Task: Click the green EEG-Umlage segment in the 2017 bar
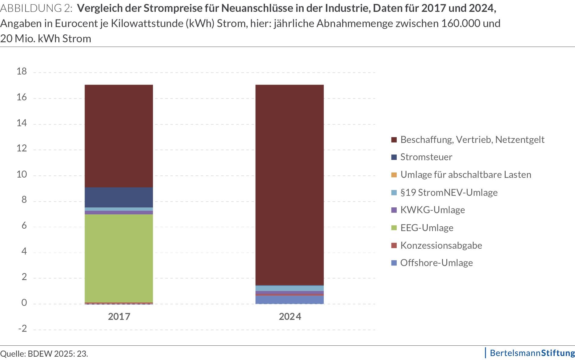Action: [x=119, y=258]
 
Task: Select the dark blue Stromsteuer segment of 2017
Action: [x=119, y=197]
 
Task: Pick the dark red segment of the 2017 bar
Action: [x=119, y=136]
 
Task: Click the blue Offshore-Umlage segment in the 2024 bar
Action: [x=289, y=300]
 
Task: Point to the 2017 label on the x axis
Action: [x=119, y=317]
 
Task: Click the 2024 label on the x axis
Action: [x=290, y=317]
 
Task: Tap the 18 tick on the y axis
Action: [x=22, y=71]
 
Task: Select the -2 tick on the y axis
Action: [x=22, y=329]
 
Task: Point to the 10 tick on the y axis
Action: [x=22, y=175]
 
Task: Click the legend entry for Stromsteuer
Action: [x=426, y=157]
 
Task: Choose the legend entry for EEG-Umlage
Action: [x=427, y=228]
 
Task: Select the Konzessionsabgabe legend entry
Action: [x=441, y=245]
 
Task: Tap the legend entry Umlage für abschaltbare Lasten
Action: [x=465, y=175]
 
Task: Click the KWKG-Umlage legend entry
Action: [x=432, y=210]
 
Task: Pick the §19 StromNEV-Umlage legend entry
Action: [x=449, y=192]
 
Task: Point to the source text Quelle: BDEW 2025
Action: [x=44, y=354]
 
